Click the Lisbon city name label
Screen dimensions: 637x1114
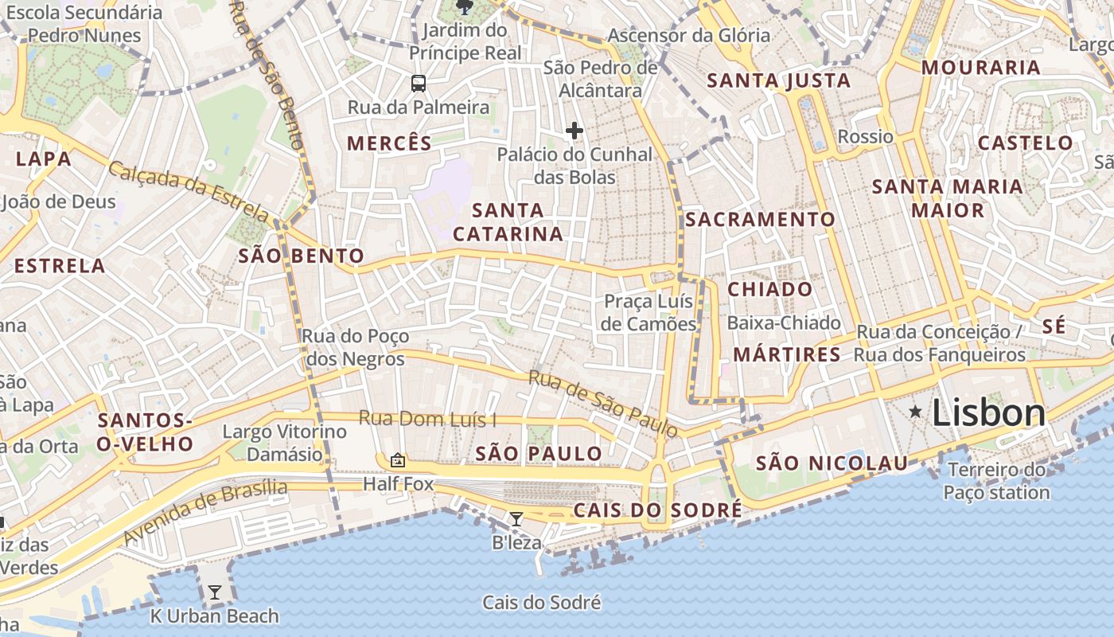point(988,412)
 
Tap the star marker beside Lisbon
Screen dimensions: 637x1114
point(916,411)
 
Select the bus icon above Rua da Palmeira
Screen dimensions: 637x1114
point(418,83)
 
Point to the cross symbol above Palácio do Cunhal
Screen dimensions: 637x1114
point(574,130)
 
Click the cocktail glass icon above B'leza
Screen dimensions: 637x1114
point(516,519)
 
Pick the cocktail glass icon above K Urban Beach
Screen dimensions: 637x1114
point(214,592)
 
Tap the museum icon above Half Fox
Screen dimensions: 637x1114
point(397,460)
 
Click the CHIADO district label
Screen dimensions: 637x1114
point(770,289)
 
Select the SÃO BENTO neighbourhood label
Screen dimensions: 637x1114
point(302,256)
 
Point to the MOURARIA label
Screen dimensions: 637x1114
point(981,68)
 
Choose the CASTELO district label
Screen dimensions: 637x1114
point(1025,143)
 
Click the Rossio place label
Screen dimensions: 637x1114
point(866,136)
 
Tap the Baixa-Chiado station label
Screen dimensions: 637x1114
point(784,322)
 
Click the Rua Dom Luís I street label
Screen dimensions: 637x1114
point(427,418)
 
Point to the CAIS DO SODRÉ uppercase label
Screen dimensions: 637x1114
point(657,510)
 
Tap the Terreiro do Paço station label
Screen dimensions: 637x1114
point(996,481)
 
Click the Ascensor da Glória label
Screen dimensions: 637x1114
point(689,35)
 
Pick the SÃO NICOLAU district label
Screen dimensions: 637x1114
point(832,463)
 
